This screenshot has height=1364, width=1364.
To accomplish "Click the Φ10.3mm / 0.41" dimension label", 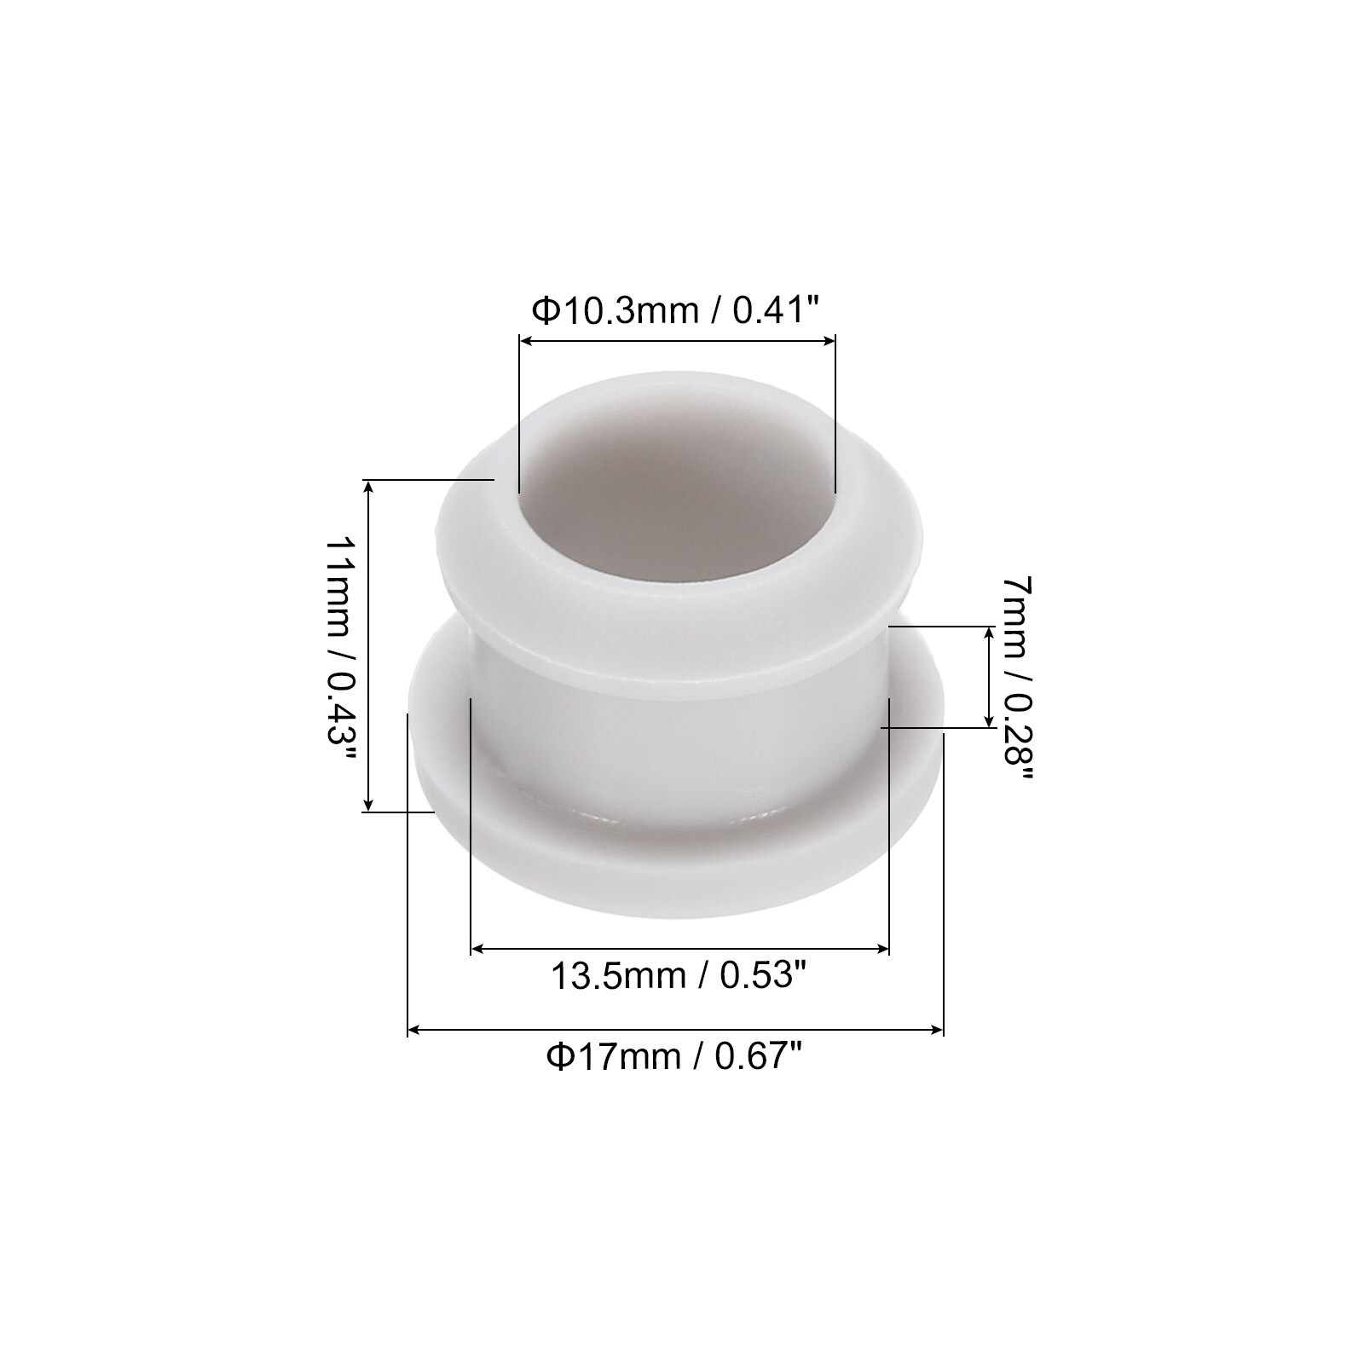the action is (676, 310).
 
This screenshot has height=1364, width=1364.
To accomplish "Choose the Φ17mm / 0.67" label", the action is (676, 1058).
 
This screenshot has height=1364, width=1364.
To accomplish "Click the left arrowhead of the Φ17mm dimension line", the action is (415, 1031).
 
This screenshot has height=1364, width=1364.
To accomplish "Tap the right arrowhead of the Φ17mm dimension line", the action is (937, 1031).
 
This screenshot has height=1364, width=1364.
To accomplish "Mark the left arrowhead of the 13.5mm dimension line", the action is (478, 948).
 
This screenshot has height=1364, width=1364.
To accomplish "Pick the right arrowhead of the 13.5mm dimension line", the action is (882, 948).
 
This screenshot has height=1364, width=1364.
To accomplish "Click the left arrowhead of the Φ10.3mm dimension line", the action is (527, 342).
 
